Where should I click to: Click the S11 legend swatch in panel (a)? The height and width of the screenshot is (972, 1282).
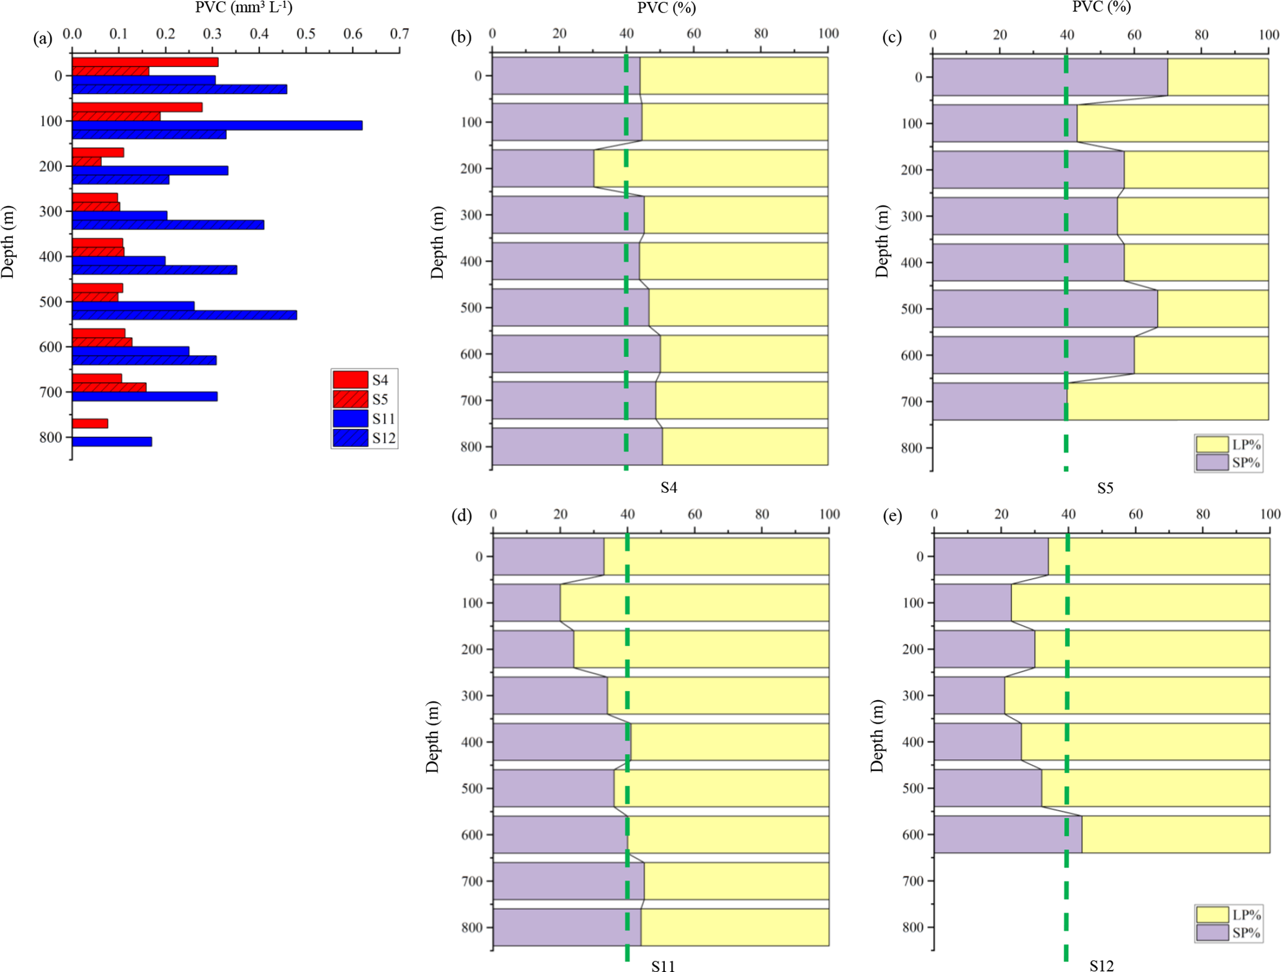350,418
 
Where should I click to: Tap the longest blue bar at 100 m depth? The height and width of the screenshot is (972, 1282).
217,125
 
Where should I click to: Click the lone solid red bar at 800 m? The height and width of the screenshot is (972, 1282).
90,423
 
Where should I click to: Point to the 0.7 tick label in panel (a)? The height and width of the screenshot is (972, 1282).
399,33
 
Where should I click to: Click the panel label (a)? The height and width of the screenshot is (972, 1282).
42,38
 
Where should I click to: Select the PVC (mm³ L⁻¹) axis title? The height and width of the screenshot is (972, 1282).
244,8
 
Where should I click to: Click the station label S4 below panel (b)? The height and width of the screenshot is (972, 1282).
669,488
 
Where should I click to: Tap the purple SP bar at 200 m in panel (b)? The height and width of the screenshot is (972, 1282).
543,168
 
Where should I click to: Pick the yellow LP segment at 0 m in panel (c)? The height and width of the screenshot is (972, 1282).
1218,77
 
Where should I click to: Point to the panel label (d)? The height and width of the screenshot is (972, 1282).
461,516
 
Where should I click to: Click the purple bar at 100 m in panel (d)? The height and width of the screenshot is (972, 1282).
527,603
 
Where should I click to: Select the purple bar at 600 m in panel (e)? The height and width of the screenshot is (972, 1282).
1008,834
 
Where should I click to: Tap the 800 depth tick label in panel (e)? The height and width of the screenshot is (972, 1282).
911,927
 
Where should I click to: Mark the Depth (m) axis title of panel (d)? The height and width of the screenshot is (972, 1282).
432,737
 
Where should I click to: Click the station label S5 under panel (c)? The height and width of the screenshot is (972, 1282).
1105,488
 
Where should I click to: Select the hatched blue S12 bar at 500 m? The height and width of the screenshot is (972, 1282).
184,315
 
